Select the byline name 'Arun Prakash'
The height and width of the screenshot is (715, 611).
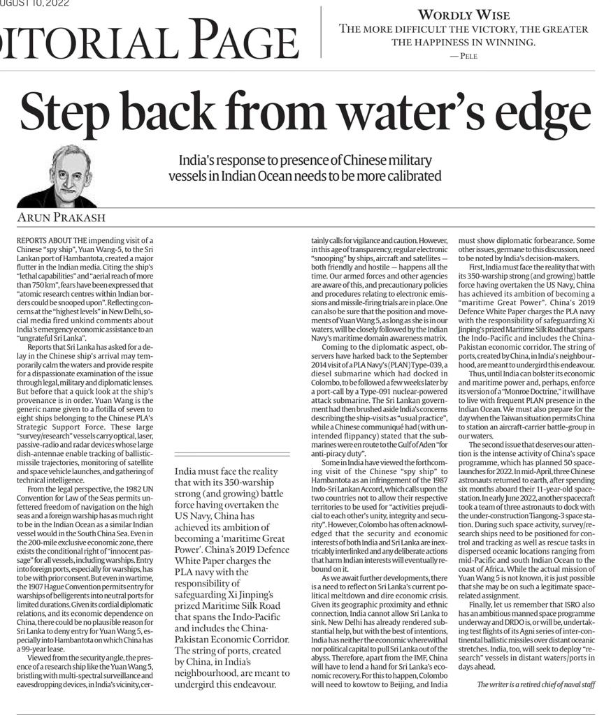point(61,219)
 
